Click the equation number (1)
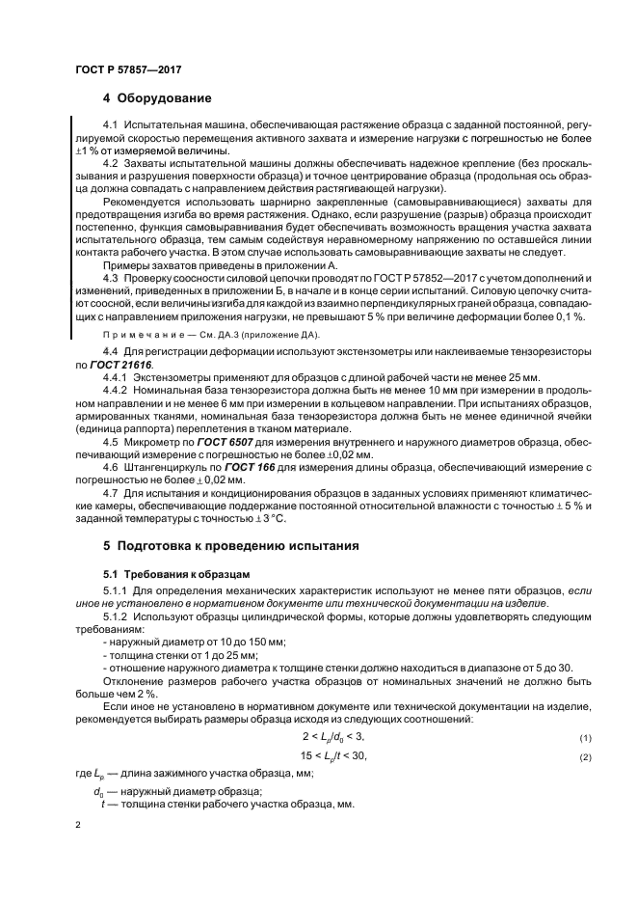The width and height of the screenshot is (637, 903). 557,738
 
